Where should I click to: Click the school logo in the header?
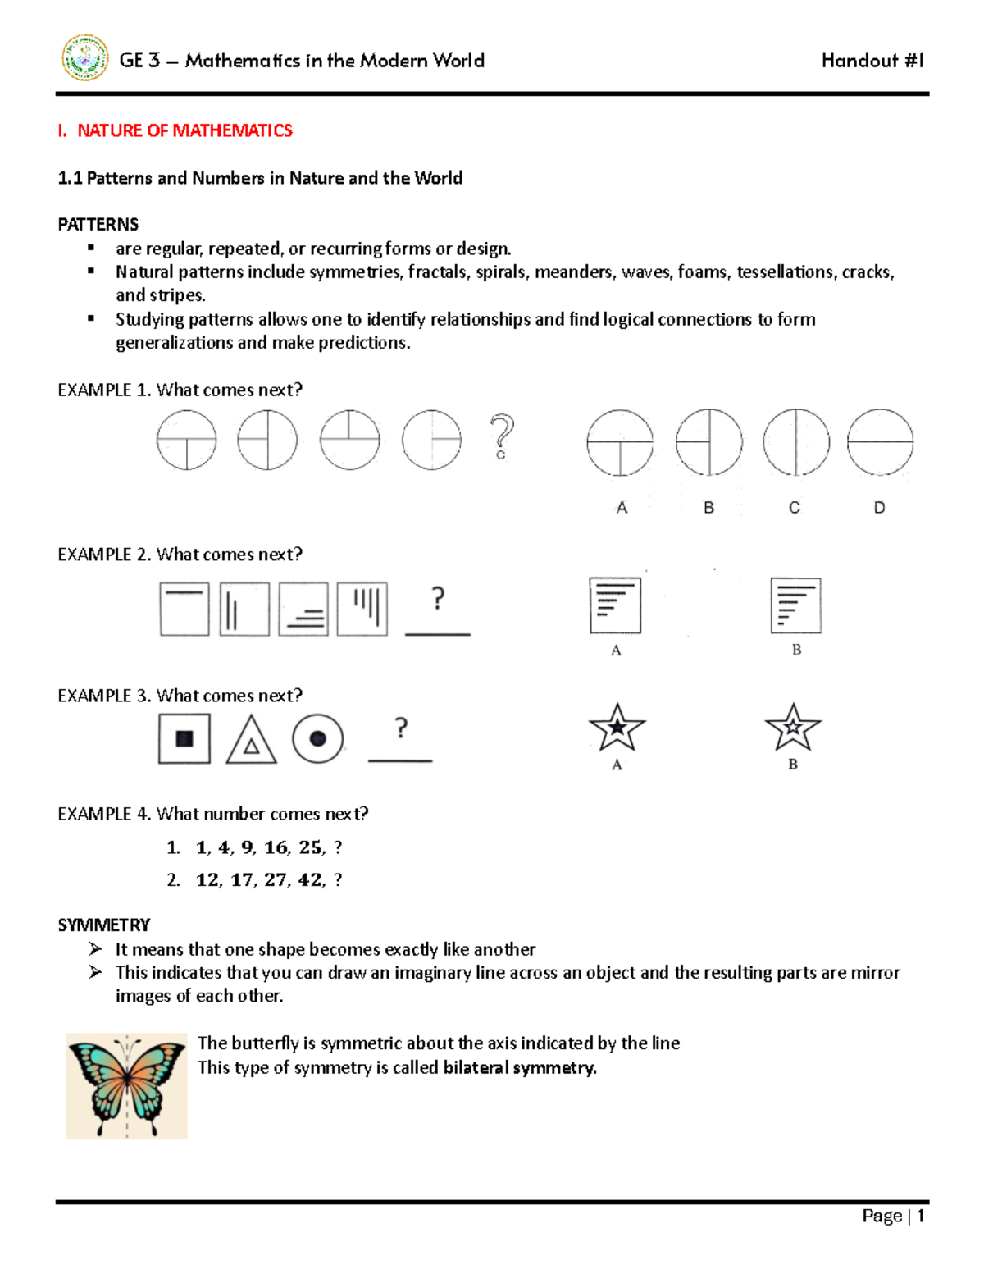85,58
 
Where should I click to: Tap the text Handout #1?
872,61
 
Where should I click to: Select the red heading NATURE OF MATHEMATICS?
184,130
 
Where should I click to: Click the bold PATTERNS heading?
98,224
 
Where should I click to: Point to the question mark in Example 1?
502,436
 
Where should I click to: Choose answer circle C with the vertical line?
795,443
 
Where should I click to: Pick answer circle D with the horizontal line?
880,443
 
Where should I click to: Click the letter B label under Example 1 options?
709,508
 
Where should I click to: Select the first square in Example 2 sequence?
184,610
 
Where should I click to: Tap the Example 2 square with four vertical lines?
362,610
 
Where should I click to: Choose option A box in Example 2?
615,605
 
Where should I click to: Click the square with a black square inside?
184,738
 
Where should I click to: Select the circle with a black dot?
317,739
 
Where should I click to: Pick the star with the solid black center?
617,728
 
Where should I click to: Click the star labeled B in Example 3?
793,728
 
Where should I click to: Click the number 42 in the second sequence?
311,880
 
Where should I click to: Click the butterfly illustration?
126,1086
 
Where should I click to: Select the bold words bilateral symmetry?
520,1067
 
